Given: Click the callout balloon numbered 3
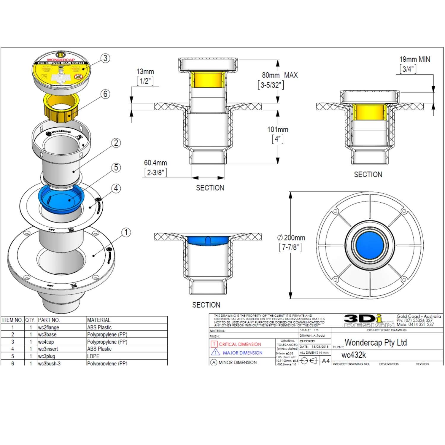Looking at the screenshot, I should [x=105, y=58].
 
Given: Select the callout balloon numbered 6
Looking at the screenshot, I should [x=105, y=94].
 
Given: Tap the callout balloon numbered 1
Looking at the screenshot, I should [x=126, y=232].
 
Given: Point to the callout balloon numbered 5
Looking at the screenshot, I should [x=116, y=168].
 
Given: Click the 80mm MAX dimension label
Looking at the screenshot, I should [x=279, y=75].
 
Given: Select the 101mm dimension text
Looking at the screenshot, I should [x=278, y=130].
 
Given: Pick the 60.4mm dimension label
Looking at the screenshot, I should [x=155, y=163].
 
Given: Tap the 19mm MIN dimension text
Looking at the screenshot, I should [x=414, y=59].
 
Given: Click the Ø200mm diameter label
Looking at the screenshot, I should [x=291, y=238].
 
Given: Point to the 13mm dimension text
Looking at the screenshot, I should [x=145, y=72].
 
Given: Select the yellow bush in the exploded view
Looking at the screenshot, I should [x=62, y=107].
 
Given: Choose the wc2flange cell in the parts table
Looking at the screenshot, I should [x=49, y=328].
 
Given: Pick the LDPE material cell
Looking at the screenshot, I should [x=93, y=356].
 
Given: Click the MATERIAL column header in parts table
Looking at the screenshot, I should [x=99, y=320].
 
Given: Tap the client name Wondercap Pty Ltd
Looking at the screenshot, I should [x=376, y=343].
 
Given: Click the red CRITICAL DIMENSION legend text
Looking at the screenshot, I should [x=240, y=344].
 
